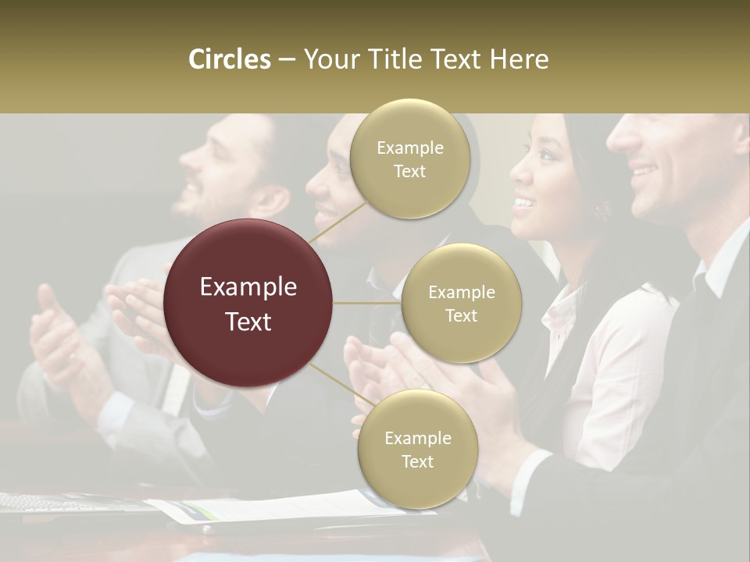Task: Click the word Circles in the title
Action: (229, 59)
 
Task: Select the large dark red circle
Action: (248, 303)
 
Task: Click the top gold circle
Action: (409, 158)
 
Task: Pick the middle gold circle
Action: (461, 303)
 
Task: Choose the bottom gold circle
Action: (417, 449)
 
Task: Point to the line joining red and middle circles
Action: (367, 303)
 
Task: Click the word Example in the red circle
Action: (248, 287)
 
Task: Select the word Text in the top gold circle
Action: (409, 172)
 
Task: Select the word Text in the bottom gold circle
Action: (417, 461)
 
